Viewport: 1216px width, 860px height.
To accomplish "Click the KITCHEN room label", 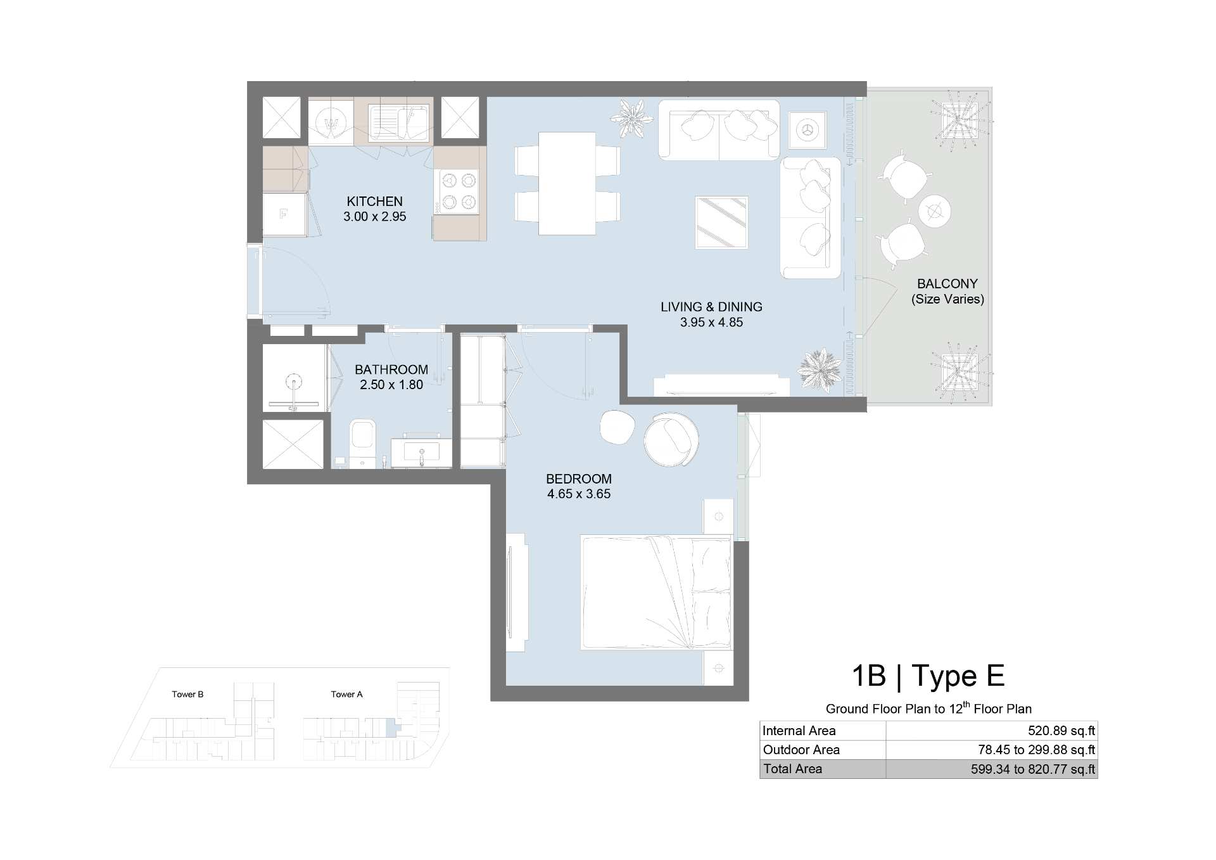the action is pos(374,202).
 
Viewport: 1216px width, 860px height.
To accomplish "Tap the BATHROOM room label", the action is pos(391,369).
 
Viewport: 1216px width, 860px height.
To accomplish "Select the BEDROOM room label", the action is pos(579,479).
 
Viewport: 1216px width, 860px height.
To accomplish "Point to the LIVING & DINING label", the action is pos(711,307).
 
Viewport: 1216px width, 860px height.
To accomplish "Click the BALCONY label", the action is pos(947,284).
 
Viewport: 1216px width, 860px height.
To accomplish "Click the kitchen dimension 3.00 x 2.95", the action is pos(375,217).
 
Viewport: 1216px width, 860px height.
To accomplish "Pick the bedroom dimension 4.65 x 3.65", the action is pos(579,494).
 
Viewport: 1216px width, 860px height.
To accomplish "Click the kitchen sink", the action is pos(399,122).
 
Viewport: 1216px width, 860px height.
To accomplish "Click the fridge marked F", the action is pos(284,214).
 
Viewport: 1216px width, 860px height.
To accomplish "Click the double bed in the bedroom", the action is pos(656,593).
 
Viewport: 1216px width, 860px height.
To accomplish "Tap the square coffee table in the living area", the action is pos(721,222).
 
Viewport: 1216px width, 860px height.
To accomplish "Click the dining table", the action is pos(567,183).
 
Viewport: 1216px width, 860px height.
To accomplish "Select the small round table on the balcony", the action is pos(934,211).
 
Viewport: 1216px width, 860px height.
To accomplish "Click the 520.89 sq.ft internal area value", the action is pos(1061,731).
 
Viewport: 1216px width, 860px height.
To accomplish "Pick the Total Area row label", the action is pos(792,769).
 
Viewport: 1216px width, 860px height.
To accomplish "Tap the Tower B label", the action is pos(187,694).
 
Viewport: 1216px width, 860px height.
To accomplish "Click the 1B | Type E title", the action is pos(928,676).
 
